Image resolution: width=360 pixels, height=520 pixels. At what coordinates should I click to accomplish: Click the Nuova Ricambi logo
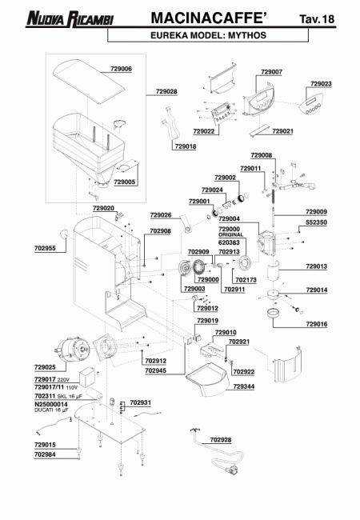point(70,18)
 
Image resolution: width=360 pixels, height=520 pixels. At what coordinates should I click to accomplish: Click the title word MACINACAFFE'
point(209,18)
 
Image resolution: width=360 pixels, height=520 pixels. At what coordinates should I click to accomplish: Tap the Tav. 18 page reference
point(317,19)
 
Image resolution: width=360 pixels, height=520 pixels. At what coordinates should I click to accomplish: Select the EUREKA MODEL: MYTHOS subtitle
point(208,35)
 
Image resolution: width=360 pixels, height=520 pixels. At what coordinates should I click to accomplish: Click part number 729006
point(121,69)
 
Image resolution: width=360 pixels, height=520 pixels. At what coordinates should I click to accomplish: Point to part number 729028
point(166,91)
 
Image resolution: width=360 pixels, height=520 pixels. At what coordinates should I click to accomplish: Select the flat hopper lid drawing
point(89,82)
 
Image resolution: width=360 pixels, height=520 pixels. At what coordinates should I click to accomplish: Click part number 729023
point(321,84)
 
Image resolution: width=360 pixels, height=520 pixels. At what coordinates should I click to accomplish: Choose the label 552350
point(316,222)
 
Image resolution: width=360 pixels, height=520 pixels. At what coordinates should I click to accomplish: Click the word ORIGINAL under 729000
point(230,234)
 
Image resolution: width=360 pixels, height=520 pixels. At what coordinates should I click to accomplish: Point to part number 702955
point(45,248)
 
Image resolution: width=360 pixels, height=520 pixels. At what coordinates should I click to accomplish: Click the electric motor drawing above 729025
point(72,350)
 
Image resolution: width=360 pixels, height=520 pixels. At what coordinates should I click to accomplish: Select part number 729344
point(244,386)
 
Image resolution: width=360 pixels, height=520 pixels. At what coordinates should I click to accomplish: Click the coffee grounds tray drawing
point(208,379)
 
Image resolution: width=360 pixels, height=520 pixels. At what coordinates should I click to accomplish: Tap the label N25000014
point(51,405)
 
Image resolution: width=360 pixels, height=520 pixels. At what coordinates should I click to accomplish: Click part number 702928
point(221,440)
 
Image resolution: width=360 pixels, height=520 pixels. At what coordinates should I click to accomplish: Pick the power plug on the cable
point(233,470)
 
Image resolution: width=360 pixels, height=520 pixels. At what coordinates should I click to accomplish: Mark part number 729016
point(316,324)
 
